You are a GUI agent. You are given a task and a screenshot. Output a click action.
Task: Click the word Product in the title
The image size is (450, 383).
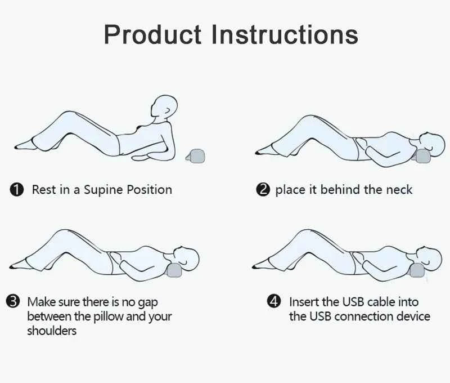152,35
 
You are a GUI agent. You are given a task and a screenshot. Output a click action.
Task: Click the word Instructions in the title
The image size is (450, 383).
285,34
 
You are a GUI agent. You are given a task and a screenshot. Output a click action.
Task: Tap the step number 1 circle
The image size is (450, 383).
17,190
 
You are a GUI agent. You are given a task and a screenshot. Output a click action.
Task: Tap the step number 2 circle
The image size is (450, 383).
263,190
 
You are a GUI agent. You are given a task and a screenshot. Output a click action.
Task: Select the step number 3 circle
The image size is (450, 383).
13,302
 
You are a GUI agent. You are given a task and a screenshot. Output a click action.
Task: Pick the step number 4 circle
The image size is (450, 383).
274,301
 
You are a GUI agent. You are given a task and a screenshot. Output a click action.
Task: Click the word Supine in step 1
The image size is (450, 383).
104,190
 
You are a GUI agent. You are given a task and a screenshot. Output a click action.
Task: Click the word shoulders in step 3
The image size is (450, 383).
52,331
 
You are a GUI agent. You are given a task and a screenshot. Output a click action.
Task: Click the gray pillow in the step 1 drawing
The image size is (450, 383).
196,156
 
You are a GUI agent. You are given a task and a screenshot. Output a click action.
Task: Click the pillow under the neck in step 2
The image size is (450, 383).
421,157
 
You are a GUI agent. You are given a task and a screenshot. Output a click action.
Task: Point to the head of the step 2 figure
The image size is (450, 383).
433,144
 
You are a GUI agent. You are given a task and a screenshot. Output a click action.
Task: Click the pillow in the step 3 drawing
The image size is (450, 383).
174,271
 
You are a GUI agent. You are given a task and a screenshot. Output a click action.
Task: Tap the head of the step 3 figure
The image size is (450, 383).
187,259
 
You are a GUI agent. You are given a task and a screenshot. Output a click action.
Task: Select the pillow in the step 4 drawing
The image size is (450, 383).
417,270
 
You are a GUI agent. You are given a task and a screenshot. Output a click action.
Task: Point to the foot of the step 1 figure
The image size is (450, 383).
25,145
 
